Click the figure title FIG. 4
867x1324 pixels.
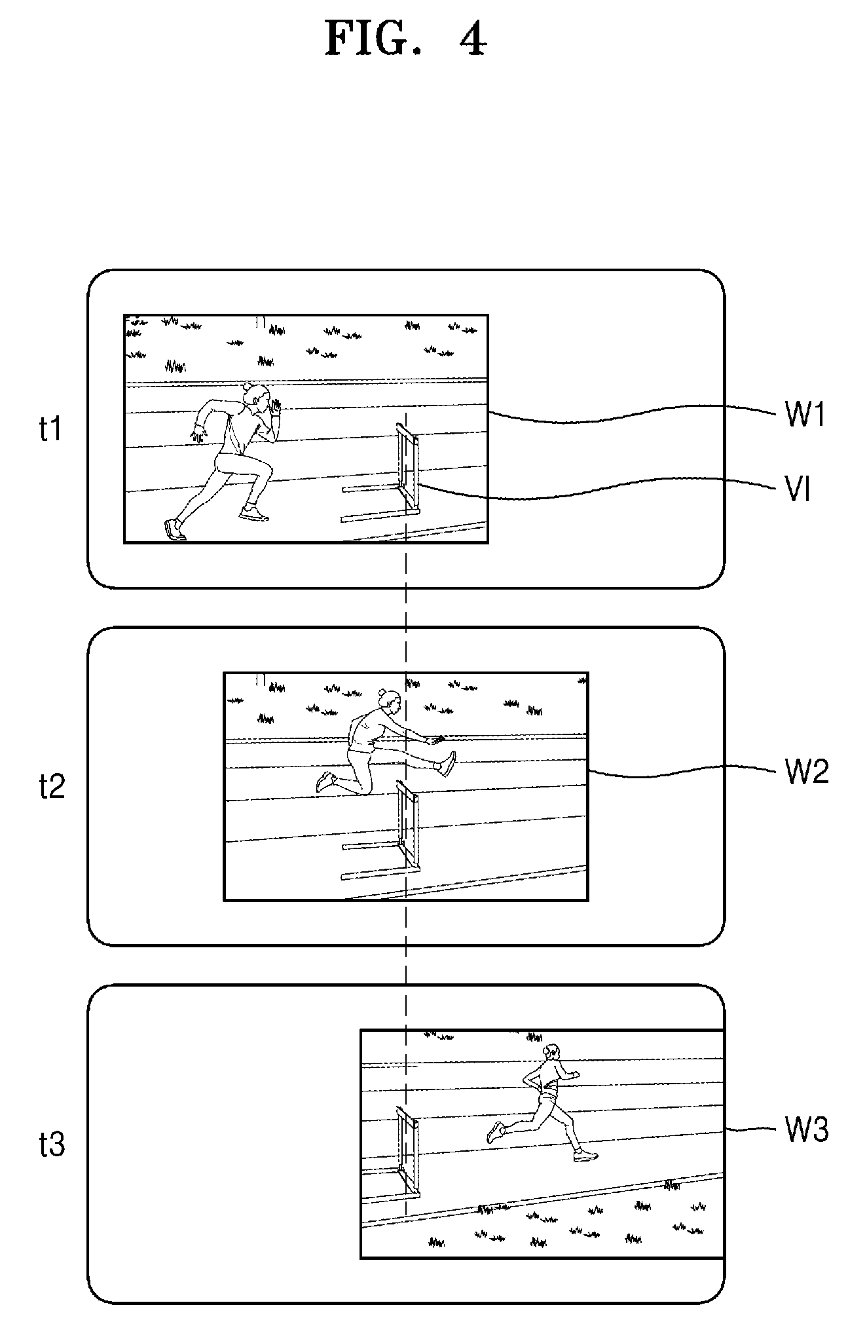[x=406, y=39]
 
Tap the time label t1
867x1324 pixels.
[x=52, y=429]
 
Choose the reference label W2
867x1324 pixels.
[x=807, y=772]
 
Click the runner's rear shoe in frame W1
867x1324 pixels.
[x=174, y=529]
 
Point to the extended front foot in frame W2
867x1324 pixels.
[x=449, y=764]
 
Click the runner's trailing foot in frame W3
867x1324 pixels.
[x=496, y=1131]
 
